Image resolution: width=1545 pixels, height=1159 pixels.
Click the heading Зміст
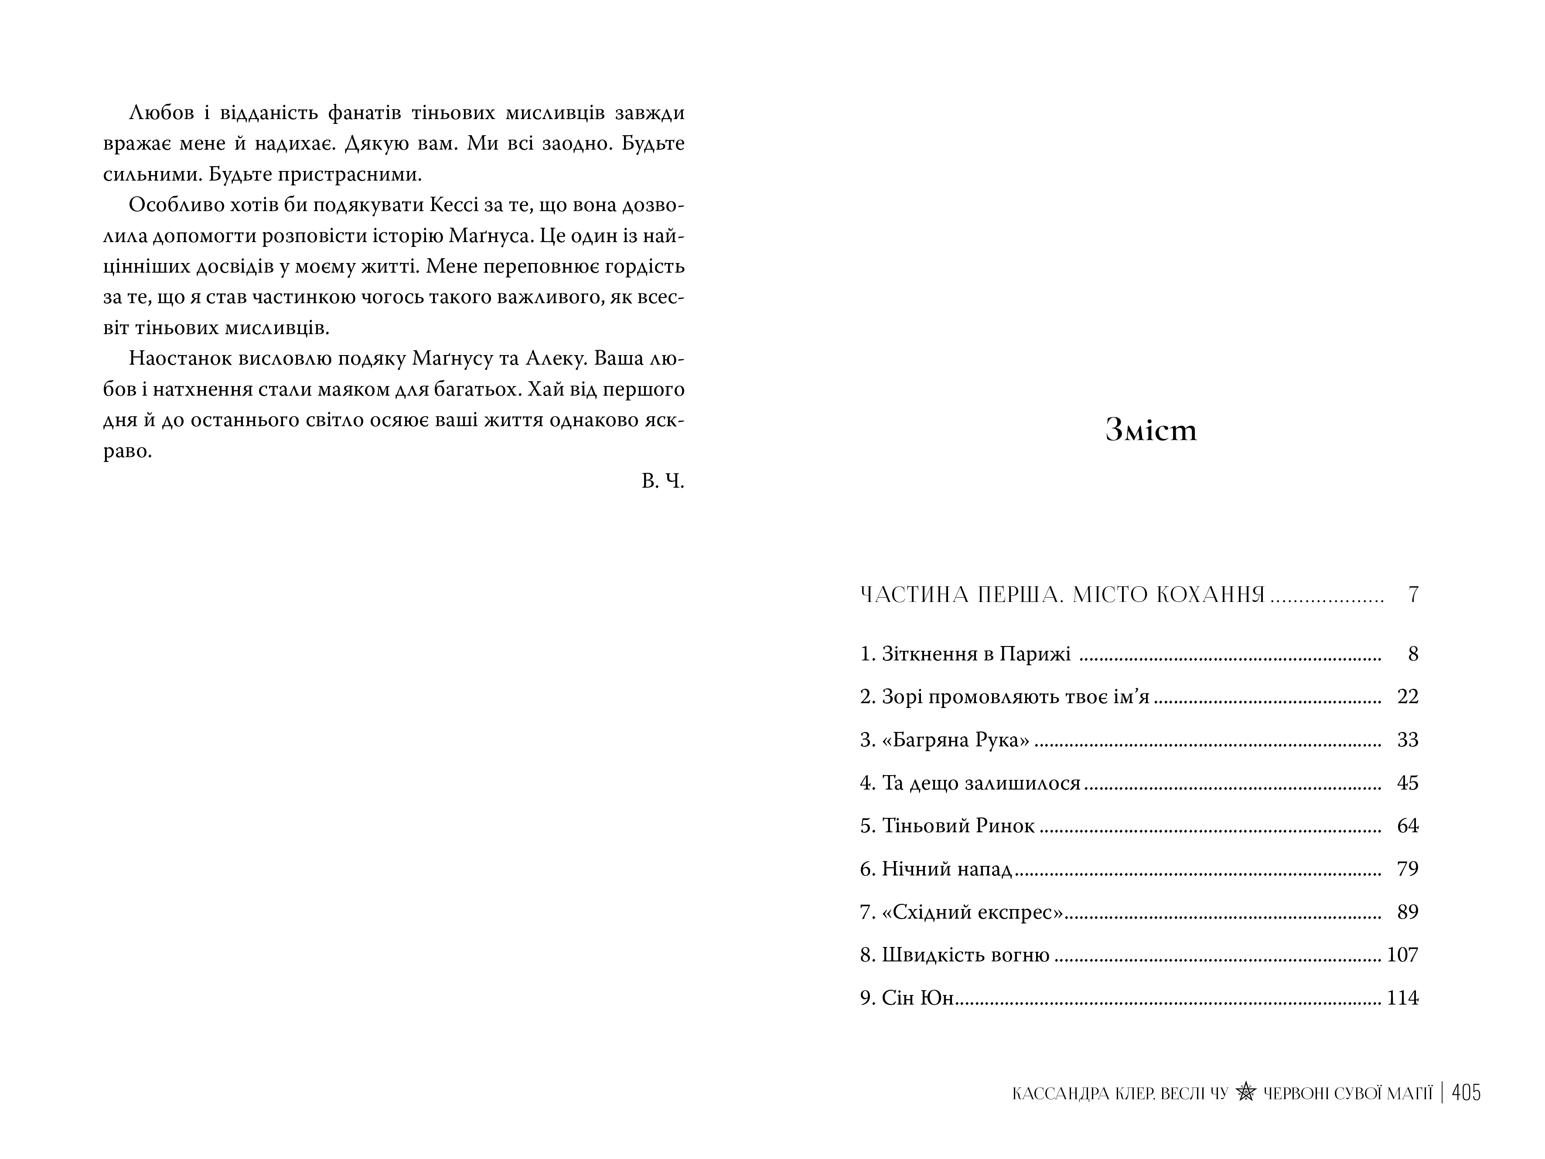point(1151,431)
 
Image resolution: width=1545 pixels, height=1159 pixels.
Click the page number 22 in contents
point(1407,697)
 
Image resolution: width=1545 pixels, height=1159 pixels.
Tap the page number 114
point(1402,998)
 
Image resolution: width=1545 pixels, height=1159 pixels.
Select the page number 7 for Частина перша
point(1413,595)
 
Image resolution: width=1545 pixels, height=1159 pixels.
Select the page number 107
point(1402,954)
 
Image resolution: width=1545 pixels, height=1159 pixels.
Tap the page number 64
point(1407,826)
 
